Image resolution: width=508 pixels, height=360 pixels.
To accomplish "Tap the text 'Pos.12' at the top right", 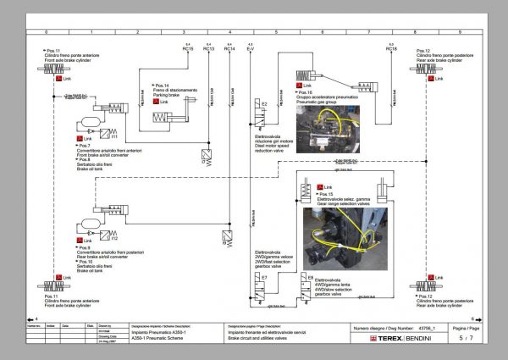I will click(x=423, y=50).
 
